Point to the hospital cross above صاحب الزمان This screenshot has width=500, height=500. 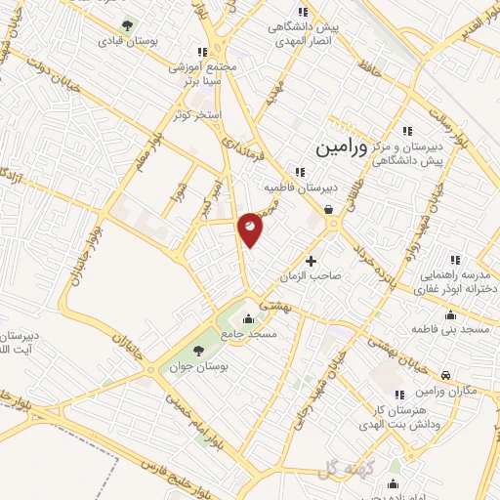312,261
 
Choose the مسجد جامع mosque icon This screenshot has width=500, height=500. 249,318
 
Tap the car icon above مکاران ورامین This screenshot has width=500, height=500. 445,375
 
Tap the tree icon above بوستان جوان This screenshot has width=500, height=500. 199,349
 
